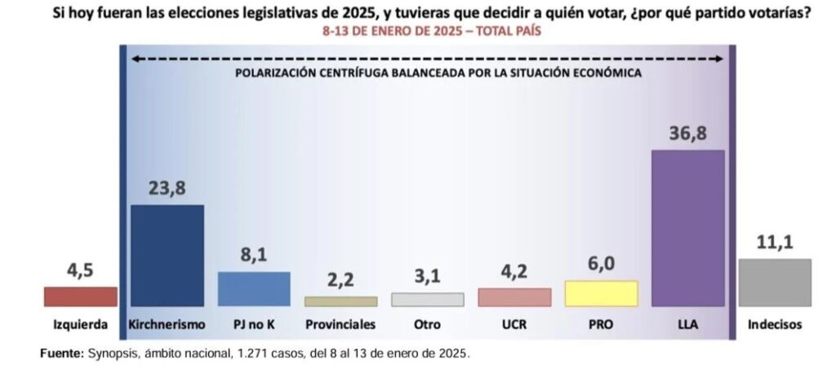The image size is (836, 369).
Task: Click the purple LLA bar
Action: point(687,229)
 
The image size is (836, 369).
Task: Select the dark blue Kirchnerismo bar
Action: point(167,256)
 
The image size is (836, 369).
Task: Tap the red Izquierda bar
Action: point(81,296)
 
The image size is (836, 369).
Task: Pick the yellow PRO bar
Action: point(602,293)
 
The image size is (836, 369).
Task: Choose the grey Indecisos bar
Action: point(776,282)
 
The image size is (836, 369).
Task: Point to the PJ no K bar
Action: point(255,289)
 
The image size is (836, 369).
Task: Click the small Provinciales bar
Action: point(341,301)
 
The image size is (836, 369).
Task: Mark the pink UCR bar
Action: point(514,297)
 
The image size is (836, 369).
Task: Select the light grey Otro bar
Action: point(428,299)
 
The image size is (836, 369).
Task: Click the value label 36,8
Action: point(688,134)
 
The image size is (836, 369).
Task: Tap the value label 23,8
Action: point(167,189)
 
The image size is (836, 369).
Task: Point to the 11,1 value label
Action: point(775,242)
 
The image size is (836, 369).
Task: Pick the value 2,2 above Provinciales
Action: point(340,281)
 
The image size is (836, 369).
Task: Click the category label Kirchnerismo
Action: point(167,324)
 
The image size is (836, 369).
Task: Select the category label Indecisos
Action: point(775,324)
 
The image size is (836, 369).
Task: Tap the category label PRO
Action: point(601,324)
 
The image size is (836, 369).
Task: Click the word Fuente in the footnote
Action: point(61,353)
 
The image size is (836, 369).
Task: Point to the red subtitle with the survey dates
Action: point(432,31)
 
